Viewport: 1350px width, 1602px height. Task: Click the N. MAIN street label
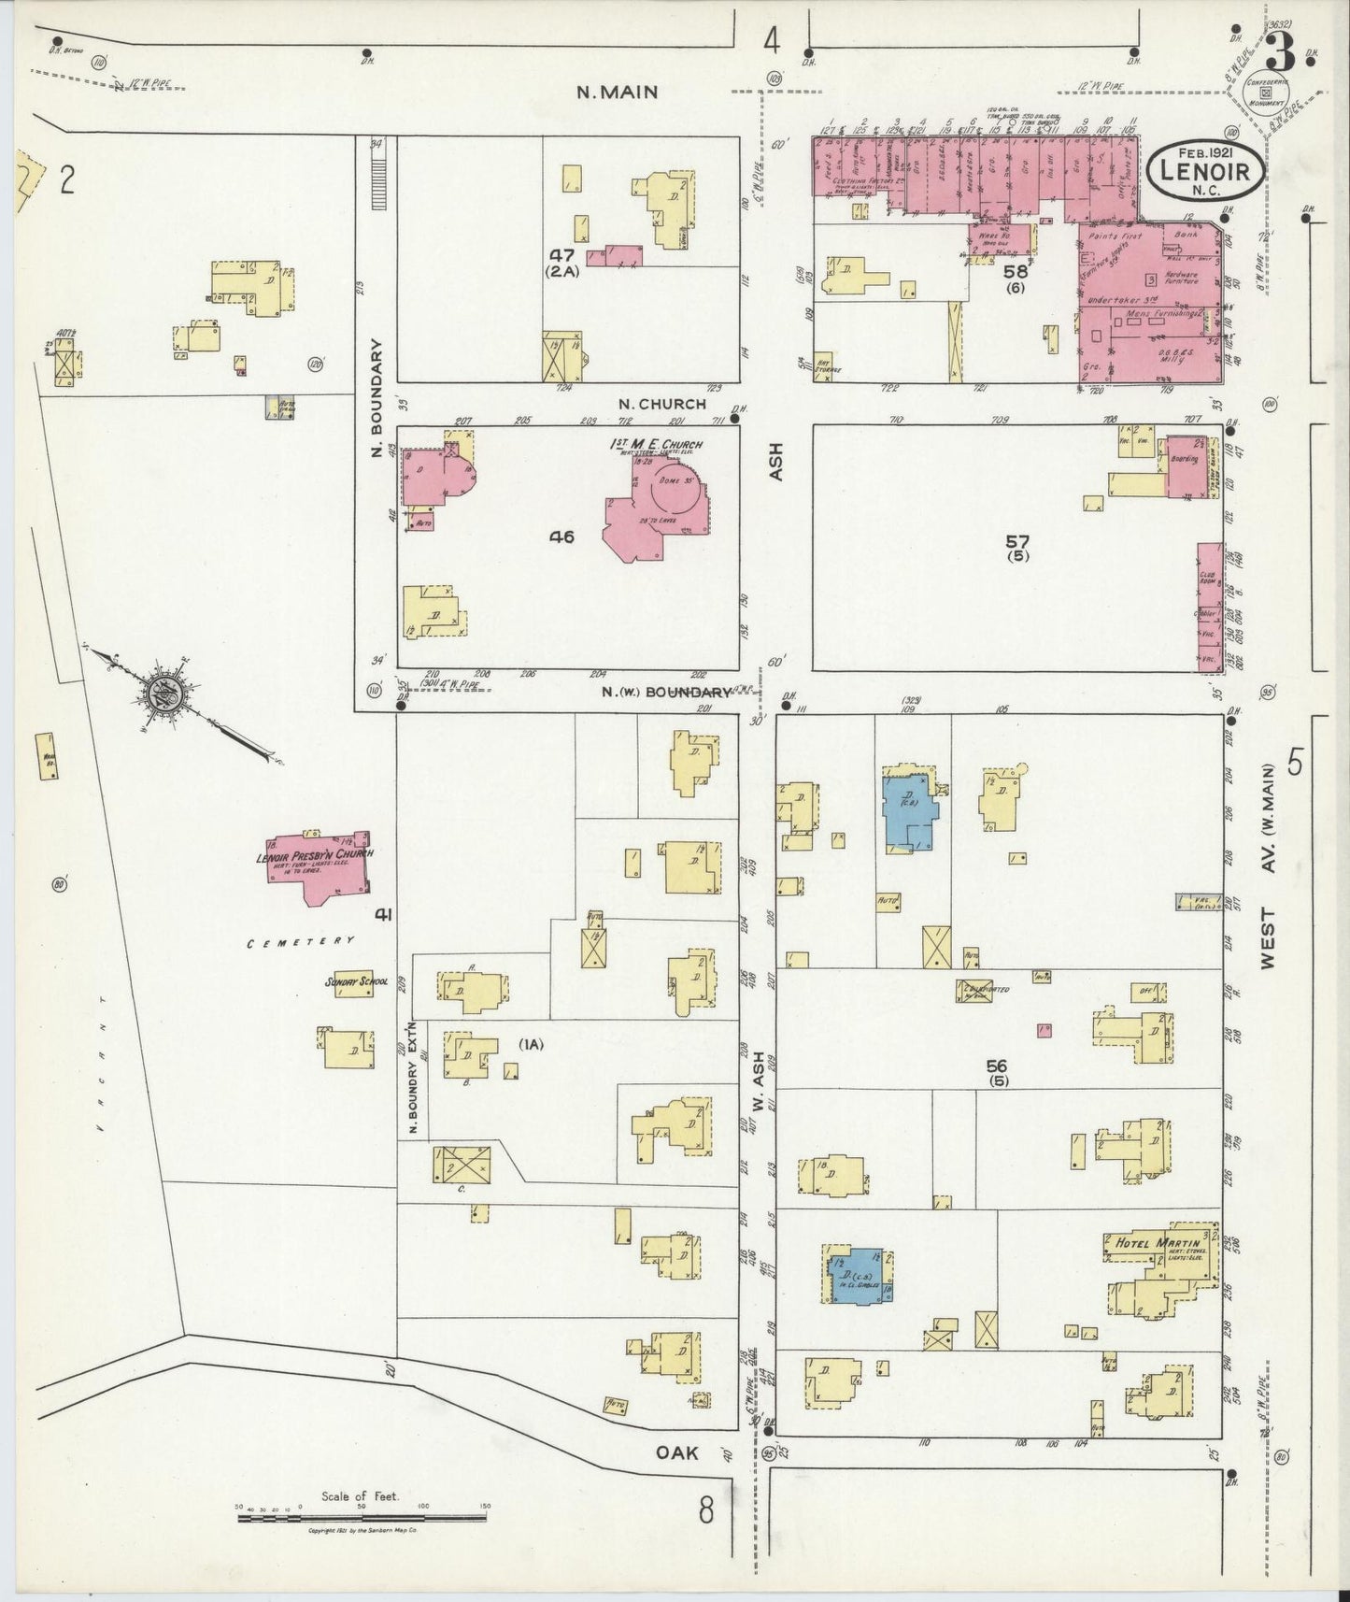(x=617, y=92)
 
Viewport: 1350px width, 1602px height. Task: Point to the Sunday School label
(x=355, y=982)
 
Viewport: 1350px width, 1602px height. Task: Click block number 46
(x=561, y=536)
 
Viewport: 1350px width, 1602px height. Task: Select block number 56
(x=997, y=1066)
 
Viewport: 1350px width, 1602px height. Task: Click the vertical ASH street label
(x=777, y=462)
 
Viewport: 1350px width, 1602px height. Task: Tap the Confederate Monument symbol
(x=1267, y=93)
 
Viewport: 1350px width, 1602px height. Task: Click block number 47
(x=561, y=254)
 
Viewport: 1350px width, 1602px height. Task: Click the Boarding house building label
(x=1184, y=459)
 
